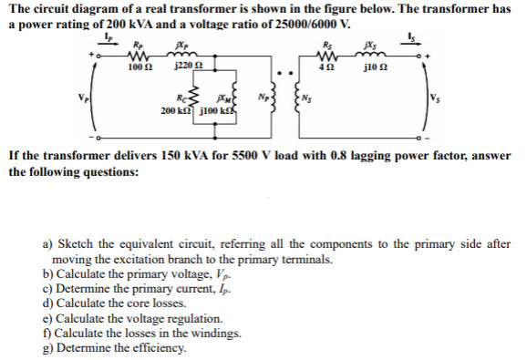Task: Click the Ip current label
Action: click(108, 36)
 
